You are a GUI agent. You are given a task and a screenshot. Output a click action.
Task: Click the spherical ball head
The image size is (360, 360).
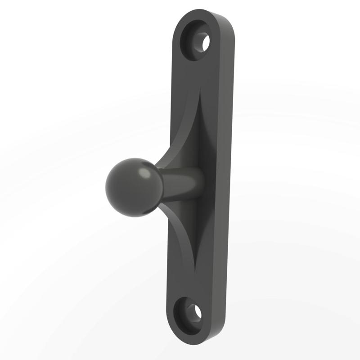point(130,187)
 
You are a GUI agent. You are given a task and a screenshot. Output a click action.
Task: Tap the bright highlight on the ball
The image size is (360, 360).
point(145,173)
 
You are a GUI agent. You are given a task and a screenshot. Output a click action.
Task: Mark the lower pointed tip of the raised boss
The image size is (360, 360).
point(195,272)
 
